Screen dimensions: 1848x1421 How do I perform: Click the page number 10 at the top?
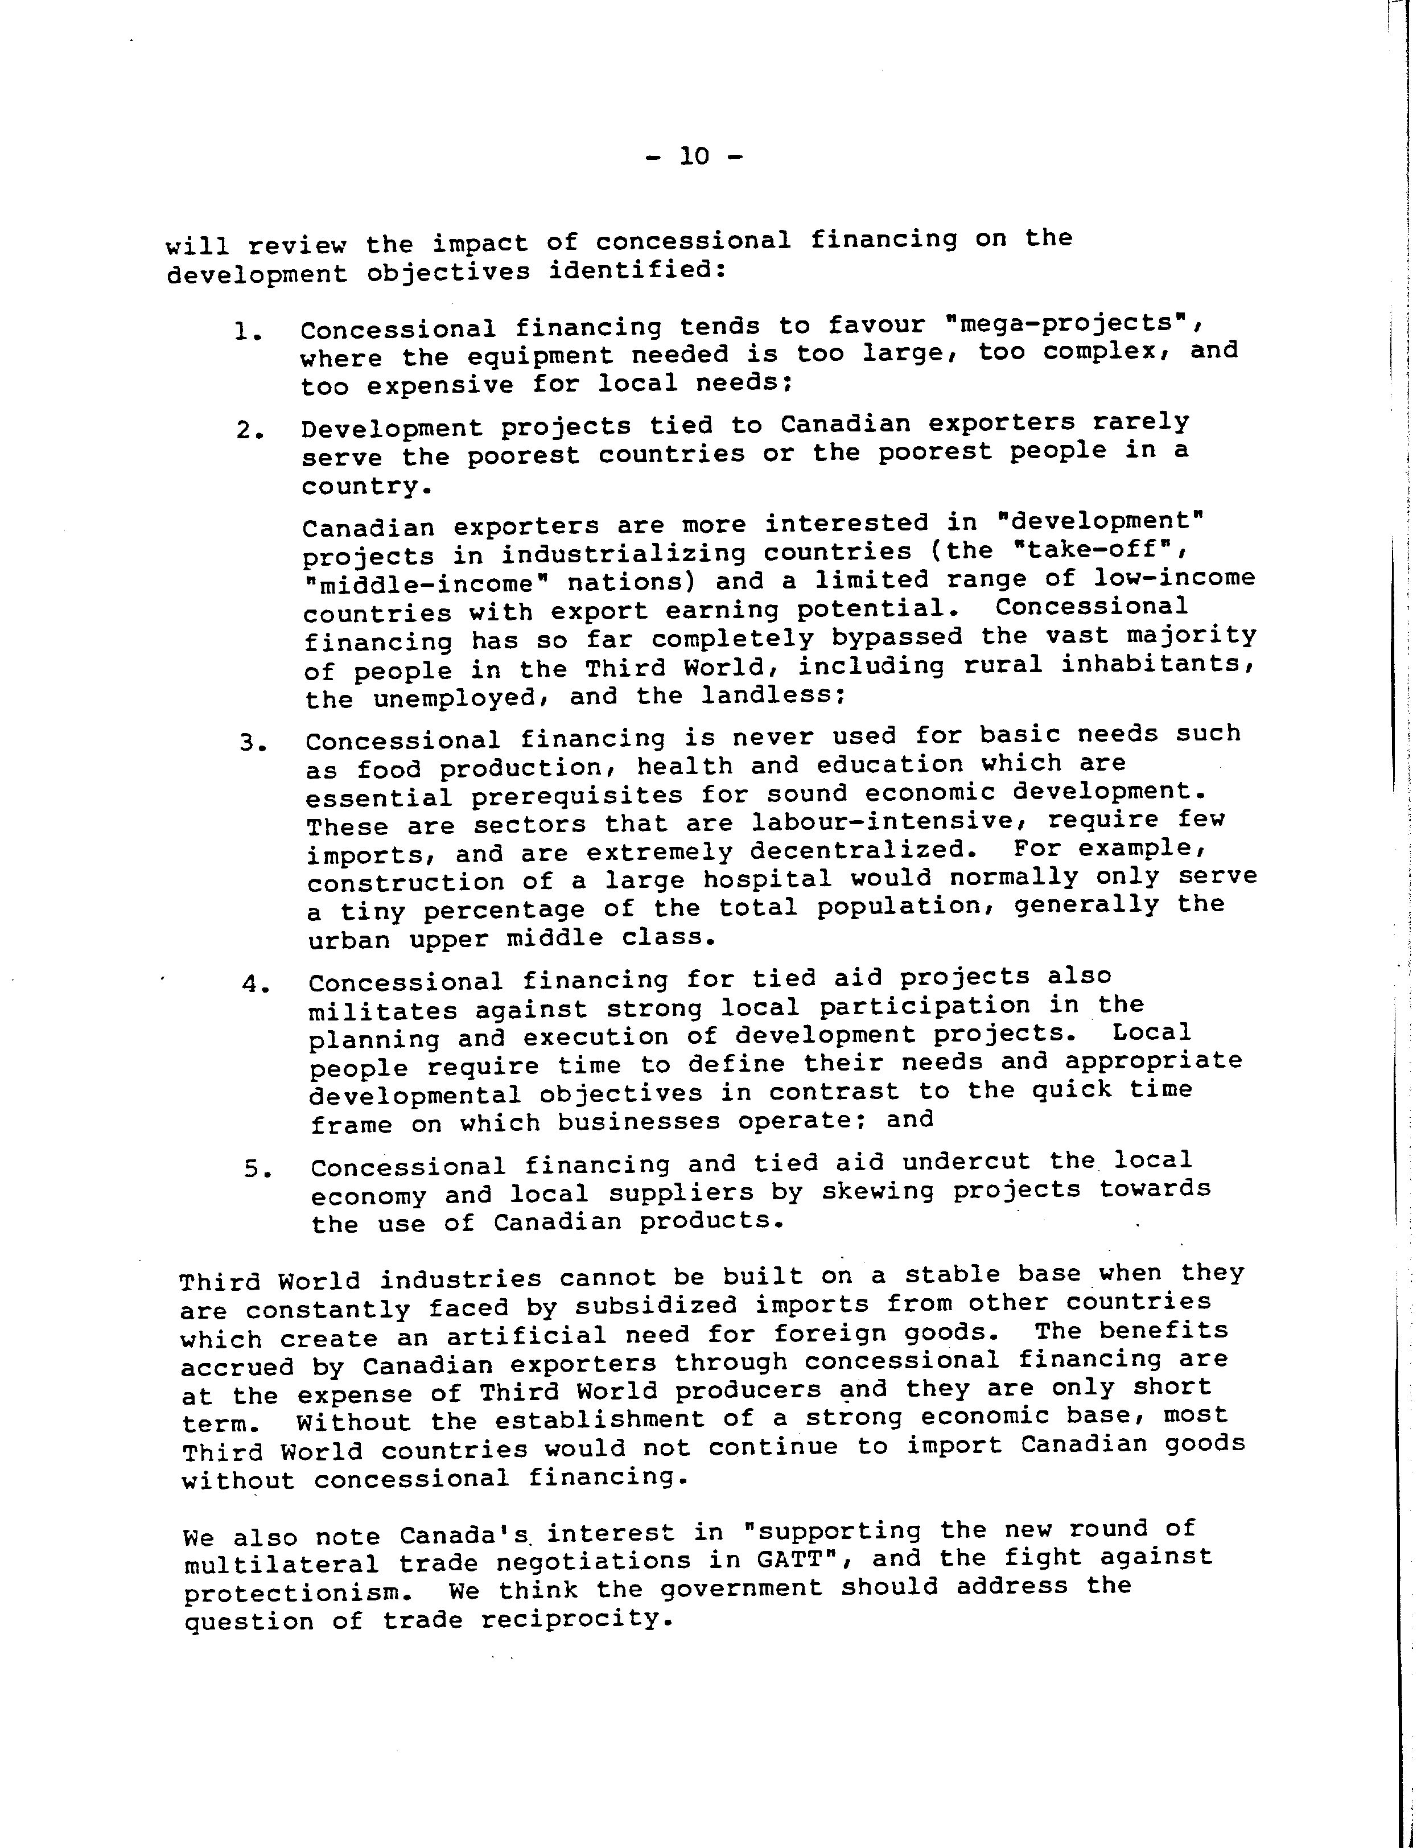pos(694,157)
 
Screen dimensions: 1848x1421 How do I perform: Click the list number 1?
pos(246,332)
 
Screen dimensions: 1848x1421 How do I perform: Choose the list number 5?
pos(256,1170)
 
